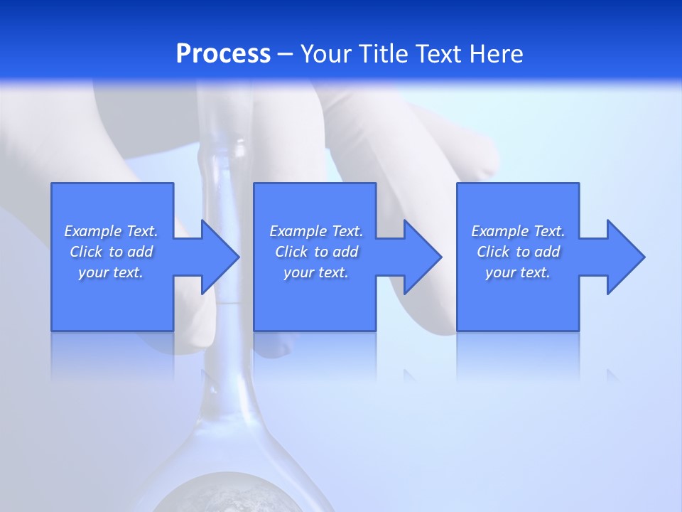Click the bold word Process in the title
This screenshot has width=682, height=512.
(x=223, y=54)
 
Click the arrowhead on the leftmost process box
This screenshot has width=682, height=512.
(x=217, y=257)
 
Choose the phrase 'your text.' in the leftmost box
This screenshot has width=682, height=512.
(x=111, y=272)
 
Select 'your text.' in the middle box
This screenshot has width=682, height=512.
(x=316, y=272)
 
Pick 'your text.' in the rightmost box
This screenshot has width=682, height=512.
(x=518, y=272)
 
